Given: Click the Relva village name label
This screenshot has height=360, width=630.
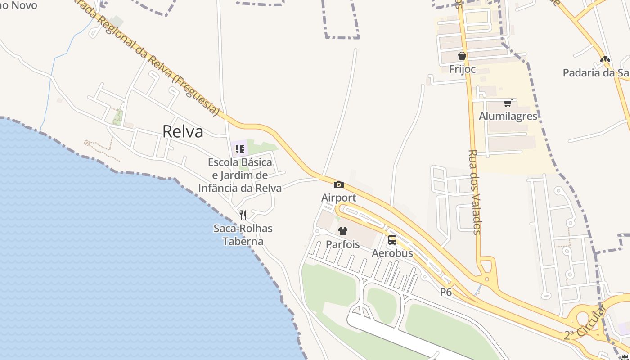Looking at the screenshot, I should click(x=183, y=131).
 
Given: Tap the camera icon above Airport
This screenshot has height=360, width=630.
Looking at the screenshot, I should click(x=339, y=184).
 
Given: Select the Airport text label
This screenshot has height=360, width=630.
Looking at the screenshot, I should click(x=339, y=198).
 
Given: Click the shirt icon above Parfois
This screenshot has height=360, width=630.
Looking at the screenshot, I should click(x=343, y=231).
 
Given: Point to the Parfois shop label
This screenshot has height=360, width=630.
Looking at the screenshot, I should click(x=343, y=244).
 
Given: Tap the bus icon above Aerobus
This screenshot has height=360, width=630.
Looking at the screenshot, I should click(x=392, y=240).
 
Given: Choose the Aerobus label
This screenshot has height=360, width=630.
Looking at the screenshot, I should click(x=392, y=253).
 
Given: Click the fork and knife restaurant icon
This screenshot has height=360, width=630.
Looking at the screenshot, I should click(x=243, y=215).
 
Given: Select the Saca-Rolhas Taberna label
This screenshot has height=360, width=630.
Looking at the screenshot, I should click(x=243, y=234).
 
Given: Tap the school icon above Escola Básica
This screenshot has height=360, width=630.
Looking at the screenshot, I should click(x=239, y=148).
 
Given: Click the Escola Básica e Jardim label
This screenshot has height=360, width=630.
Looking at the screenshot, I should click(x=240, y=175).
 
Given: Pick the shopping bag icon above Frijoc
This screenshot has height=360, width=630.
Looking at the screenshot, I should click(x=462, y=56).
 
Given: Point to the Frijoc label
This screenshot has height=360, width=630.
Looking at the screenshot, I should click(x=462, y=69).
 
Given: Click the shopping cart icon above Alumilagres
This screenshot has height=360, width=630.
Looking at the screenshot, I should click(x=508, y=103).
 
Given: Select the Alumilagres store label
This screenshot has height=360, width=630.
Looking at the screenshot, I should click(x=508, y=116).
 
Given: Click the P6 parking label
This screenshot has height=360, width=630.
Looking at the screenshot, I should click(x=446, y=292).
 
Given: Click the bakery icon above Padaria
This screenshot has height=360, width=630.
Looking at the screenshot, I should click(x=605, y=59).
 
